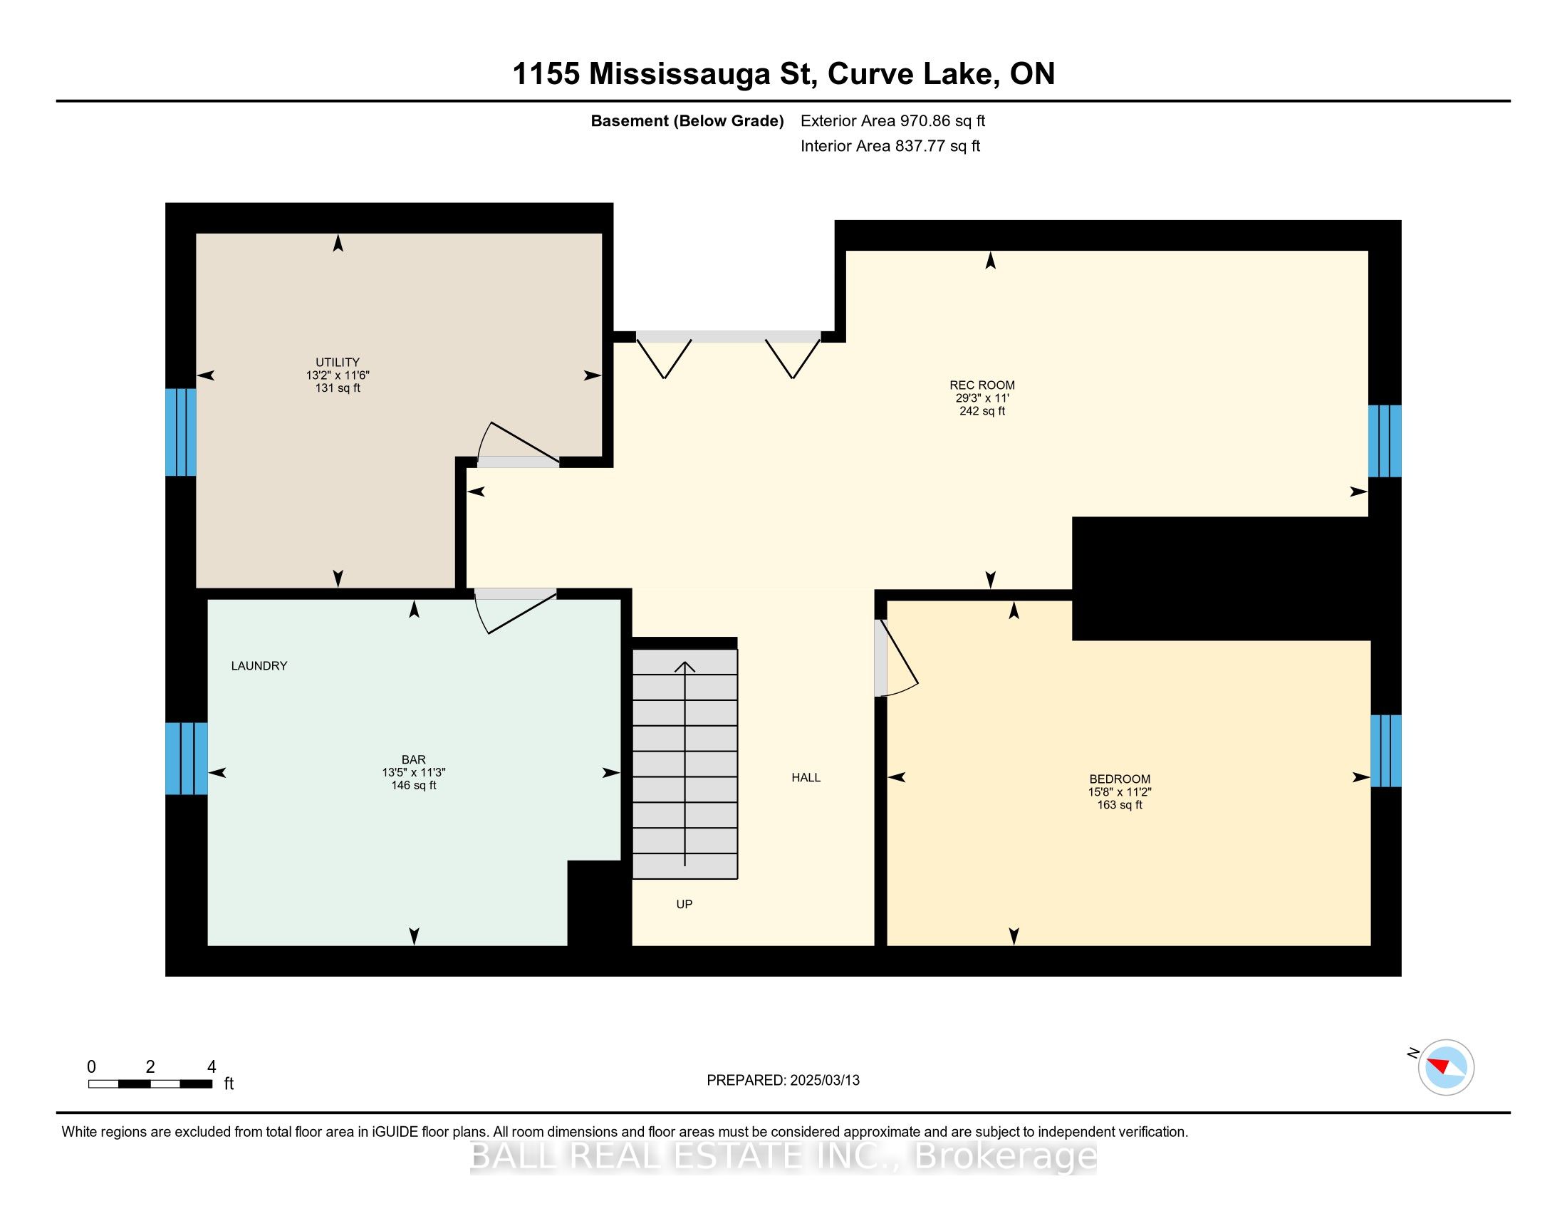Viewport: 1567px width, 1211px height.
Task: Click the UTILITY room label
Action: pyautogui.click(x=337, y=363)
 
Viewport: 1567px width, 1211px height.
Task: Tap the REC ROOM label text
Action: pyautogui.click(x=982, y=385)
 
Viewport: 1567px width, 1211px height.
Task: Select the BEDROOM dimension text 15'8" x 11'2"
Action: pyautogui.click(x=1119, y=792)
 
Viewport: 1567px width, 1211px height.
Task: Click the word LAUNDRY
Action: pyautogui.click(x=259, y=666)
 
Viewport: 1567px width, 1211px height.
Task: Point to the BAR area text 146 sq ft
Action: pyautogui.click(x=413, y=786)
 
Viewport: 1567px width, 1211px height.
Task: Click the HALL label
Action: pyautogui.click(x=806, y=778)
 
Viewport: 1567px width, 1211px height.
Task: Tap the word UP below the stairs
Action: pyautogui.click(x=684, y=904)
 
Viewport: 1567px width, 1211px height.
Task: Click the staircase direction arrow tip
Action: pyautogui.click(x=684, y=664)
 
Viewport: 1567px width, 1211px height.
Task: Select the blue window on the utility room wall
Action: pyautogui.click(x=180, y=432)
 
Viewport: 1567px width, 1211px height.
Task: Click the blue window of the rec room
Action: pyautogui.click(x=1385, y=441)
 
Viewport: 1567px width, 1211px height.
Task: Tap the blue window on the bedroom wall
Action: pyautogui.click(x=1385, y=750)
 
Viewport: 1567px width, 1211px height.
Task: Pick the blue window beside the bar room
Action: pyautogui.click(x=187, y=759)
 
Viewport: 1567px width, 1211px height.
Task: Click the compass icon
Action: pyautogui.click(x=1446, y=1067)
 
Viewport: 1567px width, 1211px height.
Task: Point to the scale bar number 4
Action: pyautogui.click(x=211, y=1067)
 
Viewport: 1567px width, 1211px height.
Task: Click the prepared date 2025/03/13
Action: pyautogui.click(x=823, y=1081)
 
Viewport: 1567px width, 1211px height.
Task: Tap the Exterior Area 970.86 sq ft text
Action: pyautogui.click(x=892, y=121)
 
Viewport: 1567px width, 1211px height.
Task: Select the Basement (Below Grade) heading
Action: pyautogui.click(x=687, y=121)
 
